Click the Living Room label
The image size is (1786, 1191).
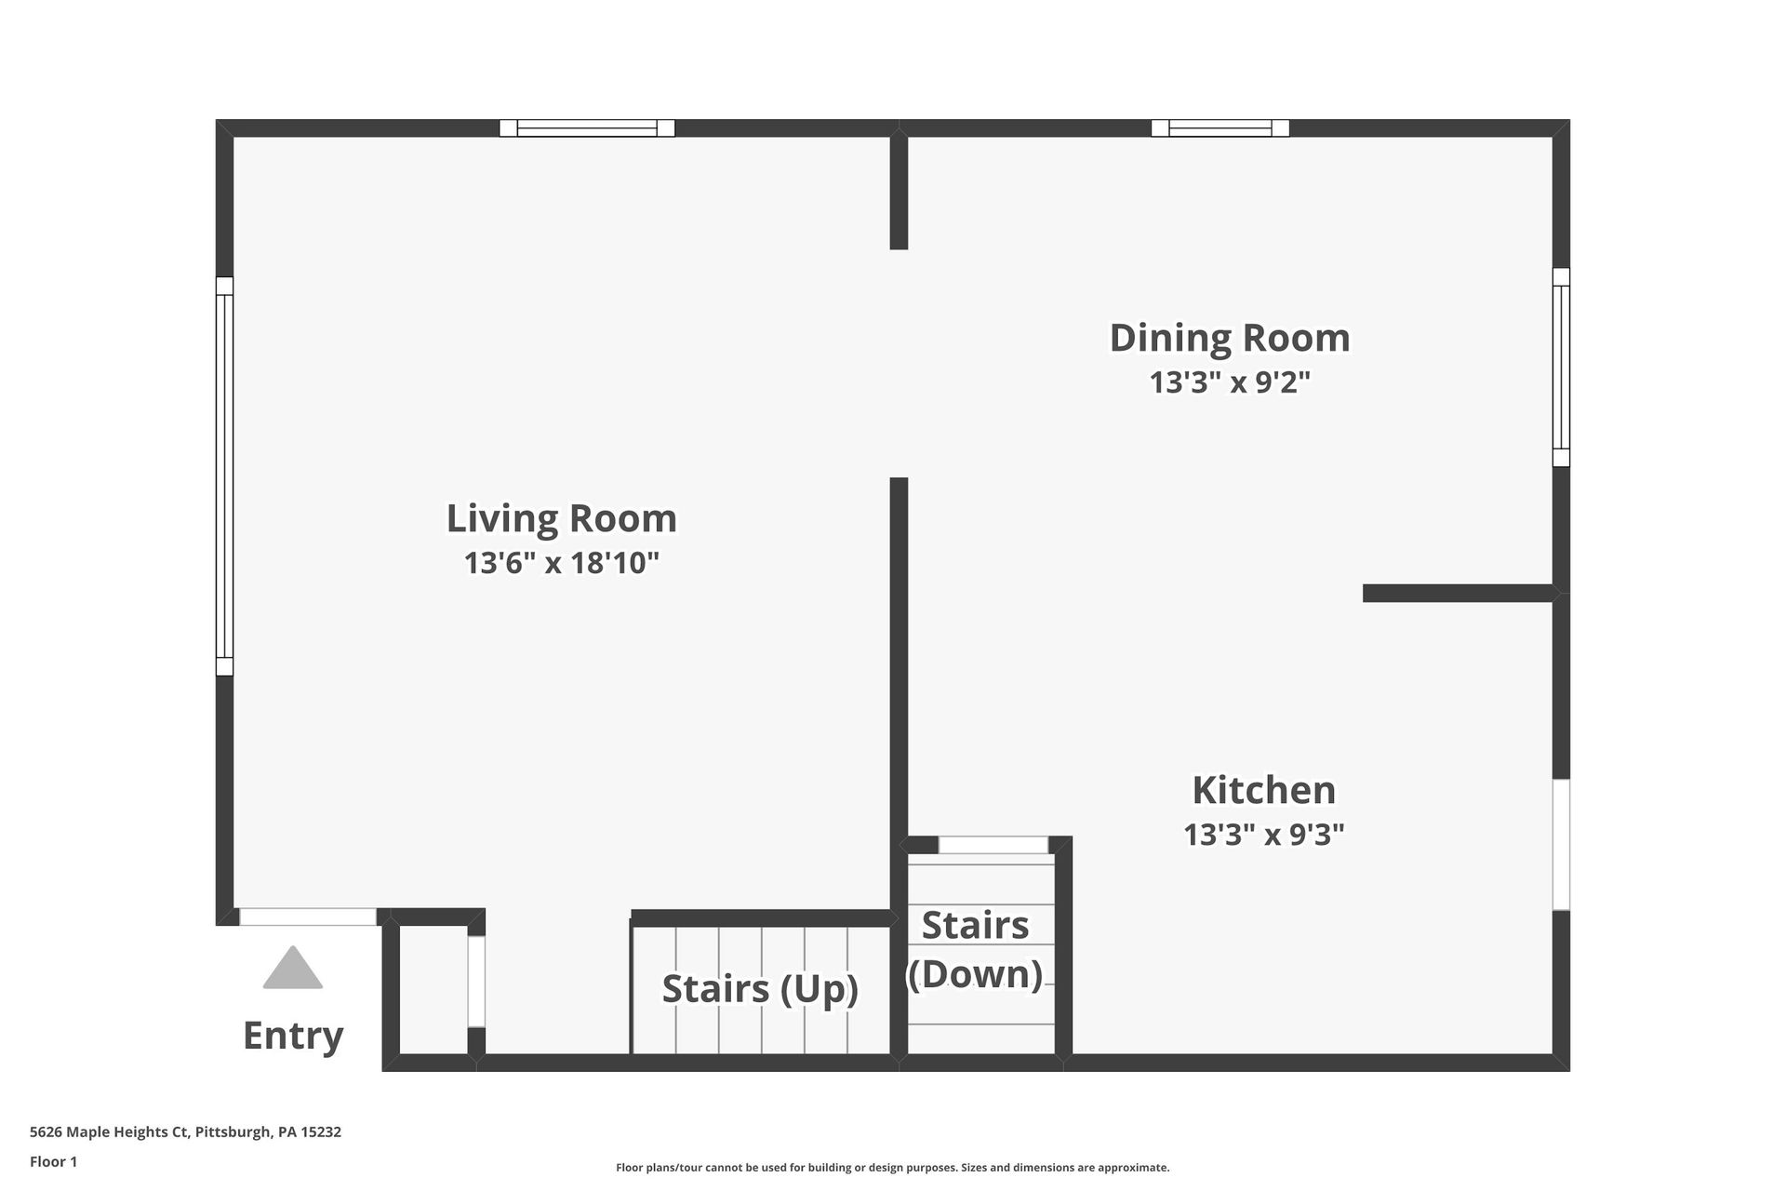(x=562, y=518)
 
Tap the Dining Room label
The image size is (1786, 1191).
(x=1230, y=338)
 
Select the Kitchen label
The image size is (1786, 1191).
(x=1264, y=790)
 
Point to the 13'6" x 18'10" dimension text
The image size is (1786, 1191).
(x=562, y=563)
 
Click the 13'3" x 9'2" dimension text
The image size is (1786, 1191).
(x=1230, y=382)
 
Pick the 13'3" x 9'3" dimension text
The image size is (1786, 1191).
(x=1264, y=835)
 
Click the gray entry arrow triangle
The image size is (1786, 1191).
(x=293, y=968)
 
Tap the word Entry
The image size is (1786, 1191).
(x=293, y=1036)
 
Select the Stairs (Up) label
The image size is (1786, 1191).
(x=760, y=989)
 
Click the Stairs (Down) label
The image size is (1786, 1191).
(x=975, y=950)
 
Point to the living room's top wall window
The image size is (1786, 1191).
(x=587, y=128)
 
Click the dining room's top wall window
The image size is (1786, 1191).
(x=1220, y=128)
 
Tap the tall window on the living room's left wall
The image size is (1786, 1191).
(x=224, y=476)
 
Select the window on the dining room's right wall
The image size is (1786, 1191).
(x=1561, y=368)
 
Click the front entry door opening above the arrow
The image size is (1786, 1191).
(x=308, y=917)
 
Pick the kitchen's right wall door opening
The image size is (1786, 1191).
(x=1561, y=845)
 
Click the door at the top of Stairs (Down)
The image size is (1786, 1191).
(x=993, y=845)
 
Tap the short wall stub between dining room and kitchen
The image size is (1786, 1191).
(x=1459, y=594)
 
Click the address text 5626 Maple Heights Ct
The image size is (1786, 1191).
(x=110, y=1132)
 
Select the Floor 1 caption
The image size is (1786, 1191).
(x=53, y=1161)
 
